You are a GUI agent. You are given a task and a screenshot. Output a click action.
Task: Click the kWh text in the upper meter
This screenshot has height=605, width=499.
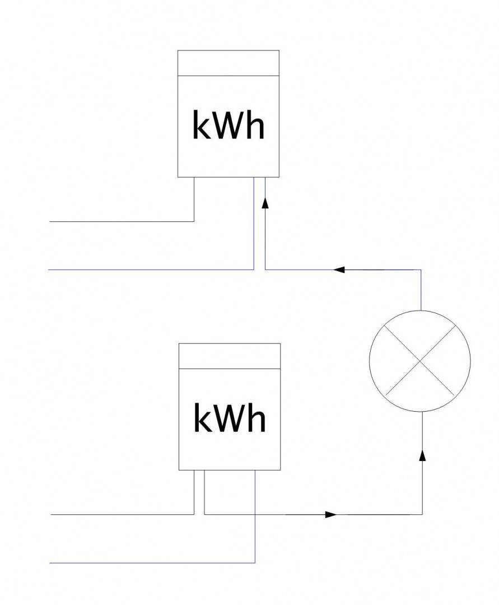(228, 125)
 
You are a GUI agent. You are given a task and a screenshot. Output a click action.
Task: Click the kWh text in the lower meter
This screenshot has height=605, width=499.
(229, 418)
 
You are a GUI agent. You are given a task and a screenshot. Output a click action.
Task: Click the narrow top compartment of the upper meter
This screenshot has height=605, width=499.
(228, 63)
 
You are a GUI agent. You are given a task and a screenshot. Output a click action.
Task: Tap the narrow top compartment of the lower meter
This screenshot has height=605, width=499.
(229, 356)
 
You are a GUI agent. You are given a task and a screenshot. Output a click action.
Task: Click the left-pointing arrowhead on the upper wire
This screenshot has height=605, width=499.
(338, 269)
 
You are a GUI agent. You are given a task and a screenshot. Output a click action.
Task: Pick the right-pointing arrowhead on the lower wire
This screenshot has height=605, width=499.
(331, 514)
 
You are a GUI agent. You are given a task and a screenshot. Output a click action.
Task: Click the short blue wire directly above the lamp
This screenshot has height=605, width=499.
(421, 290)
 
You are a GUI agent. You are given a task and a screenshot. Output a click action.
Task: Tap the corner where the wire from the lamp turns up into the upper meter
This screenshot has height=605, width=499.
(265, 269)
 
